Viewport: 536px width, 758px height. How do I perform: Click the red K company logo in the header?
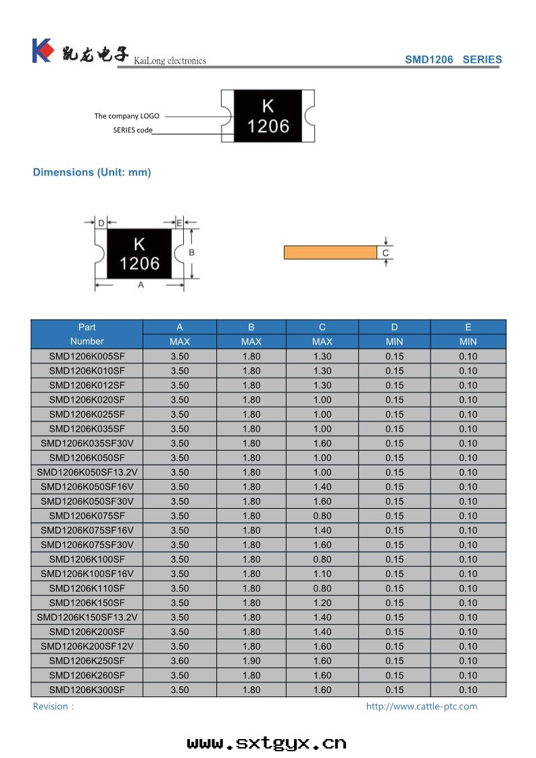(x=42, y=50)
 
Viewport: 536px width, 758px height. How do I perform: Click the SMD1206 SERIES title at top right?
(x=453, y=59)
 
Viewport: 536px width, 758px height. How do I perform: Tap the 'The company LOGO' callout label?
(x=126, y=116)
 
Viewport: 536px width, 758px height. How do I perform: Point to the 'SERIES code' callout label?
(x=132, y=130)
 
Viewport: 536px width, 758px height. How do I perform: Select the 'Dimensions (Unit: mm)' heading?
(x=92, y=172)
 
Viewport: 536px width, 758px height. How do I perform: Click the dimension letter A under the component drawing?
(x=141, y=285)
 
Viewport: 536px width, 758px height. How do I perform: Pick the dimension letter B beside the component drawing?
(x=191, y=252)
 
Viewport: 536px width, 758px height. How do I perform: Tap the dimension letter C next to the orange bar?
(x=385, y=253)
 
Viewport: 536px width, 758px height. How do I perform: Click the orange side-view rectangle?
(x=330, y=253)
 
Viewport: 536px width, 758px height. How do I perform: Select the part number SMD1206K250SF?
(x=87, y=661)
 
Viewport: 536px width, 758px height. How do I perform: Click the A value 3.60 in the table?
(x=180, y=661)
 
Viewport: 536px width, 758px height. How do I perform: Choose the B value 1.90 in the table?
(x=251, y=661)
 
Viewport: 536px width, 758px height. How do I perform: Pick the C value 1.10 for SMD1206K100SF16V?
(x=322, y=574)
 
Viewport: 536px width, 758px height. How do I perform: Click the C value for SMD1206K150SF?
(x=322, y=603)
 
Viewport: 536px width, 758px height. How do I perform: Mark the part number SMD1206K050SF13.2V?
(x=87, y=472)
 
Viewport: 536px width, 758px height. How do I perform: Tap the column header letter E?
(x=468, y=327)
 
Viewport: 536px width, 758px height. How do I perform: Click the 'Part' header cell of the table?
(x=87, y=327)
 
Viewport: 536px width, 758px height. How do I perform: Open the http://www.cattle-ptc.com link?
(x=421, y=706)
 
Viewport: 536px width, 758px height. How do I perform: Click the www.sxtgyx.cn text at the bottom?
(x=266, y=743)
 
